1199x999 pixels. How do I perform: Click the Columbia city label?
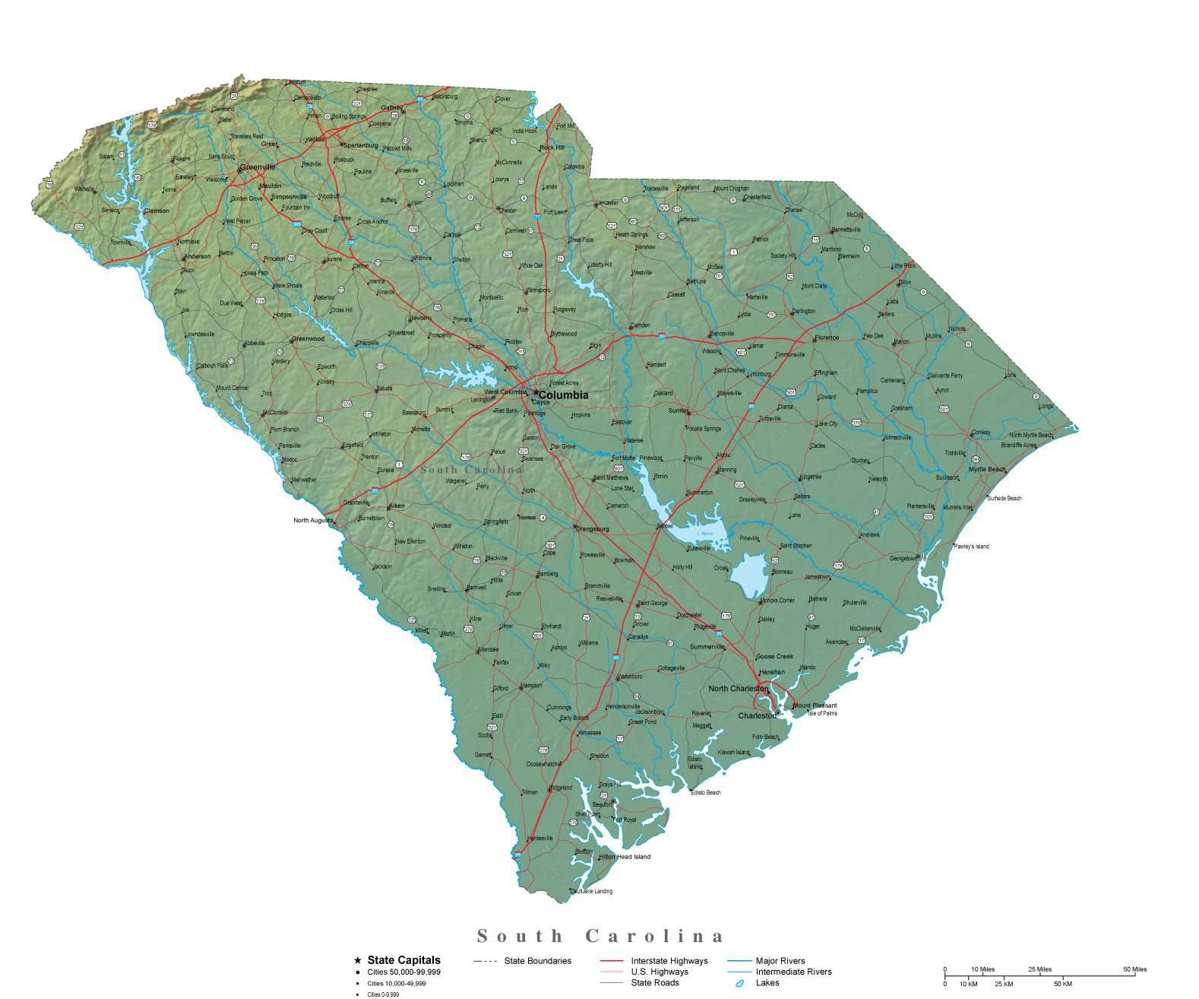click(563, 395)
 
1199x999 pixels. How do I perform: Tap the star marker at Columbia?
click(536, 393)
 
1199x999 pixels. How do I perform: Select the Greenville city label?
click(258, 166)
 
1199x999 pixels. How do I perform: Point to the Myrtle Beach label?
click(987, 469)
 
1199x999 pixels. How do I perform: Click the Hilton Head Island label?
click(626, 857)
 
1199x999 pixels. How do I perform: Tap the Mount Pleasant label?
click(815, 706)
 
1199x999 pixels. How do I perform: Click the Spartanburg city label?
click(361, 144)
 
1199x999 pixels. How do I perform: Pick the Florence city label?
click(827, 338)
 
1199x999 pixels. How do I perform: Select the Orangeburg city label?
click(594, 528)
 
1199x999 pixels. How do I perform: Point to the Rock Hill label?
click(552, 147)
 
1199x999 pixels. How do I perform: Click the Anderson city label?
click(198, 256)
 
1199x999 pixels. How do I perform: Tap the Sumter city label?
click(678, 411)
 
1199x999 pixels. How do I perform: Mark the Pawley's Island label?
click(973, 547)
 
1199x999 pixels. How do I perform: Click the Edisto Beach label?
click(706, 793)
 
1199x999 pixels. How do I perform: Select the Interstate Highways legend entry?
click(669, 961)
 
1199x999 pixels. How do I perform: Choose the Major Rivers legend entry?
click(780, 961)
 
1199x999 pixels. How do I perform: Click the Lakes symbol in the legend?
click(739, 984)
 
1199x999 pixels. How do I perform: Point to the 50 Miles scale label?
click(1135, 969)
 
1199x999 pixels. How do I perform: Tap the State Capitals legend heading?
click(403, 960)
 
